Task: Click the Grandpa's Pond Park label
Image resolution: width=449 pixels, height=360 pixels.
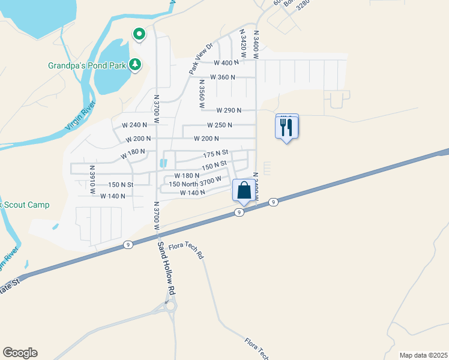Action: click(x=87, y=65)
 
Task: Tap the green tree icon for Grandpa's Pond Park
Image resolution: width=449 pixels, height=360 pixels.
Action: click(x=135, y=64)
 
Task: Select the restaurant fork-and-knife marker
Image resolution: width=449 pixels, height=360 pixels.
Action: click(x=286, y=127)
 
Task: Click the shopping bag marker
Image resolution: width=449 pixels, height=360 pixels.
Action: click(x=243, y=191)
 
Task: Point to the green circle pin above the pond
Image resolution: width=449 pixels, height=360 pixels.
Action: click(x=139, y=35)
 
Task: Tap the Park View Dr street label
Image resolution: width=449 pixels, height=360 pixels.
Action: click(x=201, y=59)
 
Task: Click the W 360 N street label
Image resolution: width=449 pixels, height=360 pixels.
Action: click(x=222, y=77)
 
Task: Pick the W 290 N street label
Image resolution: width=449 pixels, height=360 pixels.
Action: click(x=229, y=110)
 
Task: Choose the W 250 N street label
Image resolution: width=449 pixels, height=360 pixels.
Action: click(x=219, y=125)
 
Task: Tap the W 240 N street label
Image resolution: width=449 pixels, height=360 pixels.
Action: click(x=134, y=125)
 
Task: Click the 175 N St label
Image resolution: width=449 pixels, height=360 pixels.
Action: click(x=216, y=154)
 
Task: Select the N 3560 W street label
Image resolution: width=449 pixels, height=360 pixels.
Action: click(x=202, y=94)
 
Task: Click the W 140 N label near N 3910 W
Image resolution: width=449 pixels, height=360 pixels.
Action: click(x=112, y=196)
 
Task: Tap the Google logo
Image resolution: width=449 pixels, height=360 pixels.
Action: click(x=20, y=353)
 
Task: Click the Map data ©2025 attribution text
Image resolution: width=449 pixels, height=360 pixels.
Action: click(x=423, y=355)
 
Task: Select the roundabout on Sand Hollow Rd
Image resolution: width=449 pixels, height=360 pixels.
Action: click(x=169, y=305)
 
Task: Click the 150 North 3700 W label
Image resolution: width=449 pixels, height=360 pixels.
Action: click(x=195, y=182)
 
